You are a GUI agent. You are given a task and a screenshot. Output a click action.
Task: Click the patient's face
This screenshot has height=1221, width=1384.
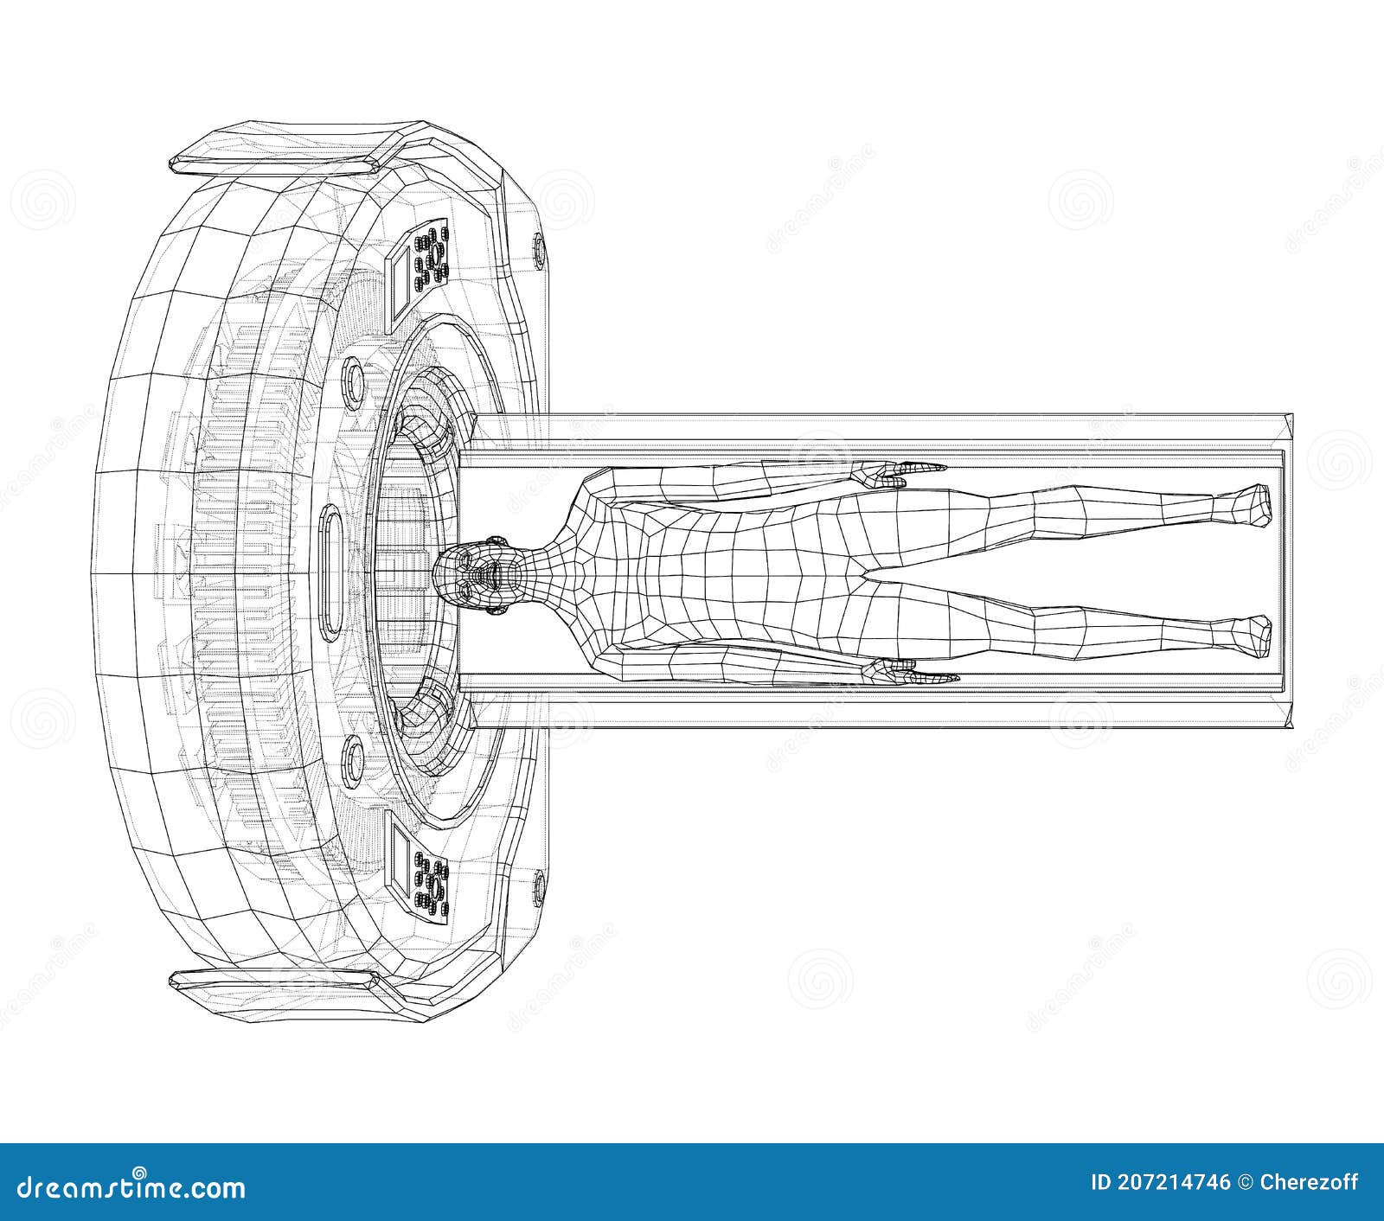[x=480, y=573]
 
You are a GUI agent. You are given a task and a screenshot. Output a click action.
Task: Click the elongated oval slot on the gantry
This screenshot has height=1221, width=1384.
[x=331, y=573]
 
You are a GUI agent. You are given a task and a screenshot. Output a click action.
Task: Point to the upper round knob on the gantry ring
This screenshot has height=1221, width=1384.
[x=354, y=386]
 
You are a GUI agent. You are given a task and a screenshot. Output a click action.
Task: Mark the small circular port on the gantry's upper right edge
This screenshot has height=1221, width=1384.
[x=539, y=251]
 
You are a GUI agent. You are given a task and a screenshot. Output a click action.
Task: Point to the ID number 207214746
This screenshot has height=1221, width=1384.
[x=1161, y=1182]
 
